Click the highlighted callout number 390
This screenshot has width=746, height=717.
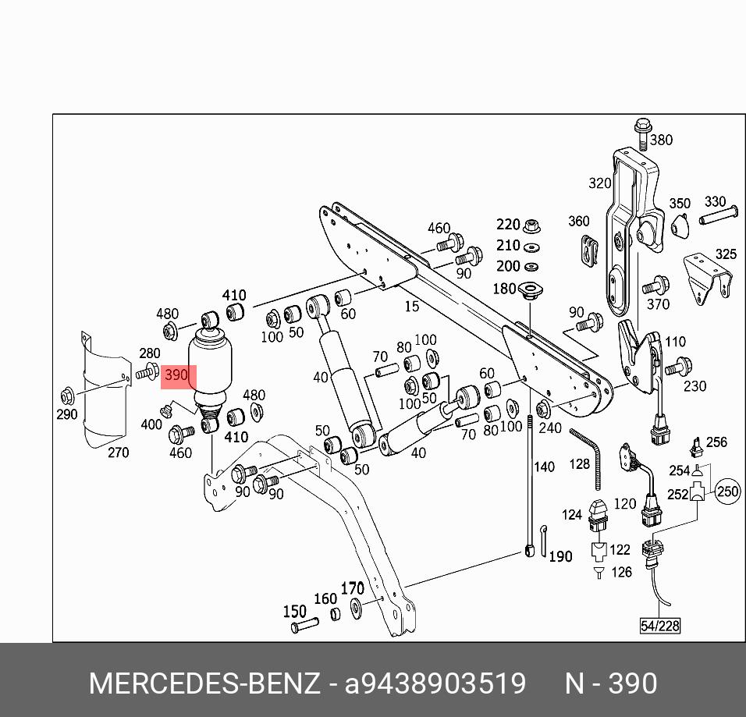pos(176,375)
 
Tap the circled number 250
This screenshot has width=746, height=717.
pos(727,492)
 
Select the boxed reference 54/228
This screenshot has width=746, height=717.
pos(659,626)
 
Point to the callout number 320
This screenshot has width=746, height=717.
pos(599,183)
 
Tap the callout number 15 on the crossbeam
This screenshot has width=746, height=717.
pos(411,307)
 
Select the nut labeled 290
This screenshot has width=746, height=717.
pos(68,394)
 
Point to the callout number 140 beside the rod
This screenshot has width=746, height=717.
pos(543,467)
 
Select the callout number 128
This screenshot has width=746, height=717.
pos(579,463)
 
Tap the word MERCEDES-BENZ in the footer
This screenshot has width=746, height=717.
pos(204,683)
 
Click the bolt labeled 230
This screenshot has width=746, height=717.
pos(676,364)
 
